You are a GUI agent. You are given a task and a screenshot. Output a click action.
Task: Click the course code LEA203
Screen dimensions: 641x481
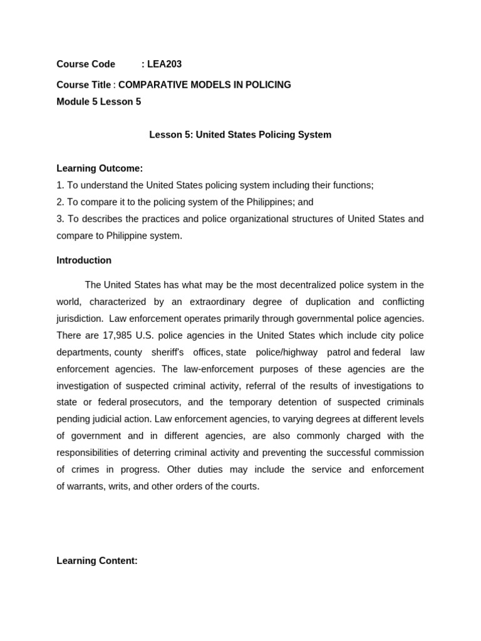coord(164,64)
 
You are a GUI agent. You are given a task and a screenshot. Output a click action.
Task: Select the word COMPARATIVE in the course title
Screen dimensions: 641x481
coord(148,85)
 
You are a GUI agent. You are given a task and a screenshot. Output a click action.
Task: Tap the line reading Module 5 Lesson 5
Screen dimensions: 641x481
coord(98,101)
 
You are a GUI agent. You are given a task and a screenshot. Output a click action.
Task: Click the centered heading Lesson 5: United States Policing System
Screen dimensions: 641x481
coord(240,135)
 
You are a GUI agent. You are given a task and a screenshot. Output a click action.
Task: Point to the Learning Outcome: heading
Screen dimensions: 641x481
coord(100,168)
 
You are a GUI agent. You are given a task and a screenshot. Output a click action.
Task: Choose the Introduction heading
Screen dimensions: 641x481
coord(84,260)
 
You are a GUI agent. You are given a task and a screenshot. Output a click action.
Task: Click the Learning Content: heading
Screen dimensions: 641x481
coord(97,561)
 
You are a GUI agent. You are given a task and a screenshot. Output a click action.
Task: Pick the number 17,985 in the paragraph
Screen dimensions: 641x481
coord(117,336)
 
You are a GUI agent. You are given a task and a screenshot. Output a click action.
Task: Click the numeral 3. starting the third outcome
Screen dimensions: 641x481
coord(60,219)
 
